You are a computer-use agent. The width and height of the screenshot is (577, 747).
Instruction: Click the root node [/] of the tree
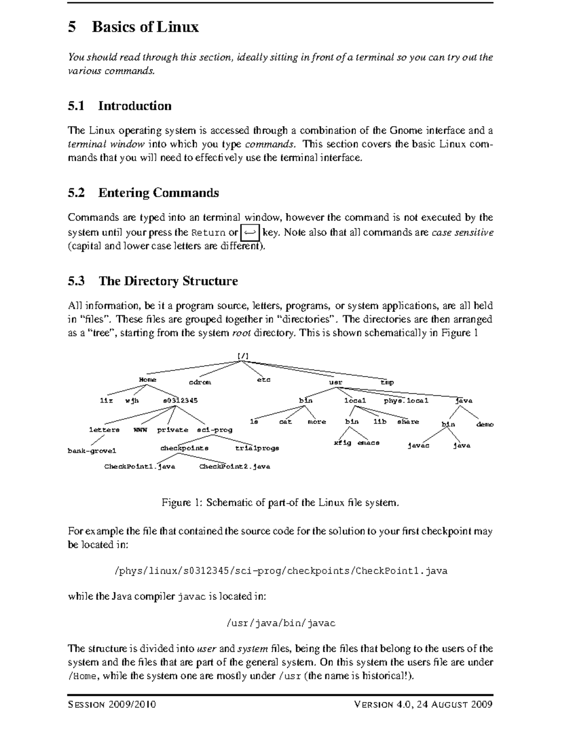click(x=243, y=355)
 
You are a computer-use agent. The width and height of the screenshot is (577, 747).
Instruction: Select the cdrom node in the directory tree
click(x=200, y=382)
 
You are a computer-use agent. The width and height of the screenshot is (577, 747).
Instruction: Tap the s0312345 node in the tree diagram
click(x=180, y=400)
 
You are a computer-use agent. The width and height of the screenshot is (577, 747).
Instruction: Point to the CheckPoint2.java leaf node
click(x=235, y=466)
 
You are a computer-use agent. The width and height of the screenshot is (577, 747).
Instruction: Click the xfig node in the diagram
click(x=342, y=443)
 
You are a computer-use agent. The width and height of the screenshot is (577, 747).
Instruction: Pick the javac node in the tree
click(x=418, y=445)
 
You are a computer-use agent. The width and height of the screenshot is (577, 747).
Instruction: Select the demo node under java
click(x=485, y=424)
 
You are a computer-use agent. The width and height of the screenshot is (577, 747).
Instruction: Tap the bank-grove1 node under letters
click(x=92, y=451)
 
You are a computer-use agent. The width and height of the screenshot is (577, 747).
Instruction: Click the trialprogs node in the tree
click(x=257, y=448)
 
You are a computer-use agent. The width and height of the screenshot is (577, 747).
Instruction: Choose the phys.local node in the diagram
click(x=406, y=400)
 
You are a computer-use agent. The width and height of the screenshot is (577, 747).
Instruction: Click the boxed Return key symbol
click(x=250, y=232)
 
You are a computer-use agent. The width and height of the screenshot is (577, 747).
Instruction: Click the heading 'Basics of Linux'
click(x=145, y=26)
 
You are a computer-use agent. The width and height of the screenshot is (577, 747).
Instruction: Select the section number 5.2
click(x=76, y=193)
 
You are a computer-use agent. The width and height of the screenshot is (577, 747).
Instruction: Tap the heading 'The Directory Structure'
click(x=168, y=281)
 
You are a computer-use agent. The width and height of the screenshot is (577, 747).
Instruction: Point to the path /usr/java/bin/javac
click(x=280, y=623)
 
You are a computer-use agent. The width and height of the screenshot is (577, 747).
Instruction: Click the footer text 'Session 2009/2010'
click(x=112, y=705)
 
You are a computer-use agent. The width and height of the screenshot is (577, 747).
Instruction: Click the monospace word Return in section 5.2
click(x=208, y=233)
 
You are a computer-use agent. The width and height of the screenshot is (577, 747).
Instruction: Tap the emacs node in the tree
click(x=368, y=443)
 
